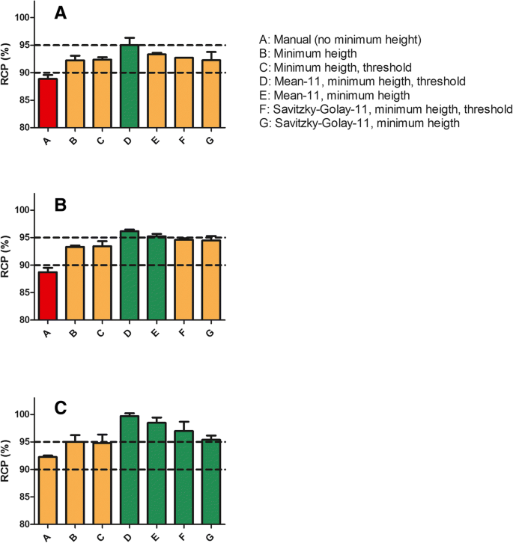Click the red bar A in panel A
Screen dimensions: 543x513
[46, 103]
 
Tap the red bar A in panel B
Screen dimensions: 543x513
[46, 295]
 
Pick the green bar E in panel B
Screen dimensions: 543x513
[157, 277]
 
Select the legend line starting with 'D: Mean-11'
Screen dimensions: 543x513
[360, 81]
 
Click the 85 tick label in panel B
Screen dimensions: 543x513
[22, 292]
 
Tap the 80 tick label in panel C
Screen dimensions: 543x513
[22, 524]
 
